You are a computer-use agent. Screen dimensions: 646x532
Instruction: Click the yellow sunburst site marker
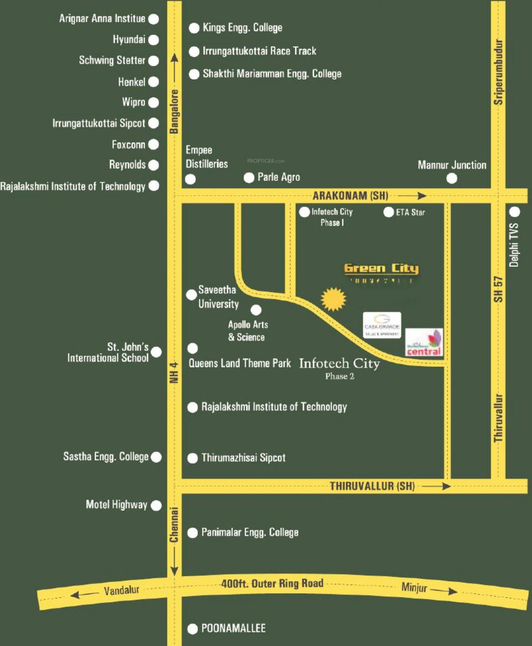coord(333,299)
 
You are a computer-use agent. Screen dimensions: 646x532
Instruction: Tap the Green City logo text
coord(381,268)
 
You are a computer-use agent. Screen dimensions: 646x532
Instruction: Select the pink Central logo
coord(424,343)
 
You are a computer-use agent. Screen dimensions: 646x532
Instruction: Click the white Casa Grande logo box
coord(382,325)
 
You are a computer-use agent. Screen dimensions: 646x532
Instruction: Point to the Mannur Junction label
coord(452,165)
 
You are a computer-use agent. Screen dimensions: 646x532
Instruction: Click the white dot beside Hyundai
coord(153,40)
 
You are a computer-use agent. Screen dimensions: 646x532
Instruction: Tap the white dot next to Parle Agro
coord(249,177)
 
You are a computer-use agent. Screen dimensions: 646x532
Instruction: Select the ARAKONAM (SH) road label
coord(350,196)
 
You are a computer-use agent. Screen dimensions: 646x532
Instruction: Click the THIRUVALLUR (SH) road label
coord(372,486)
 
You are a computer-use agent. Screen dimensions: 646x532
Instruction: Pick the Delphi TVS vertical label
coord(514,245)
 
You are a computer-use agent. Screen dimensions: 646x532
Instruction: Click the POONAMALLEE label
coord(233,628)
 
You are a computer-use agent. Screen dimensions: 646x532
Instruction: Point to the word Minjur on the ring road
coord(414,587)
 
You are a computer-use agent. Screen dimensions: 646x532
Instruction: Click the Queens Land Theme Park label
coord(239,363)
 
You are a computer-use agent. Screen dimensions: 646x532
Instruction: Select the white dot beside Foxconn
coord(153,144)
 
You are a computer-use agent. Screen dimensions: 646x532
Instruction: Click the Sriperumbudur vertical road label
coord(498,72)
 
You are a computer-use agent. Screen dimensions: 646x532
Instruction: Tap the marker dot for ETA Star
coord(388,212)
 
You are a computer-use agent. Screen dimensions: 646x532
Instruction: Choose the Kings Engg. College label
coord(242,28)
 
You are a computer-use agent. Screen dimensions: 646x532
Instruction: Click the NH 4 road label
coord(174,373)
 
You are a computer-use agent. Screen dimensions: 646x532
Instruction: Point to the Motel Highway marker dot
coord(156,505)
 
